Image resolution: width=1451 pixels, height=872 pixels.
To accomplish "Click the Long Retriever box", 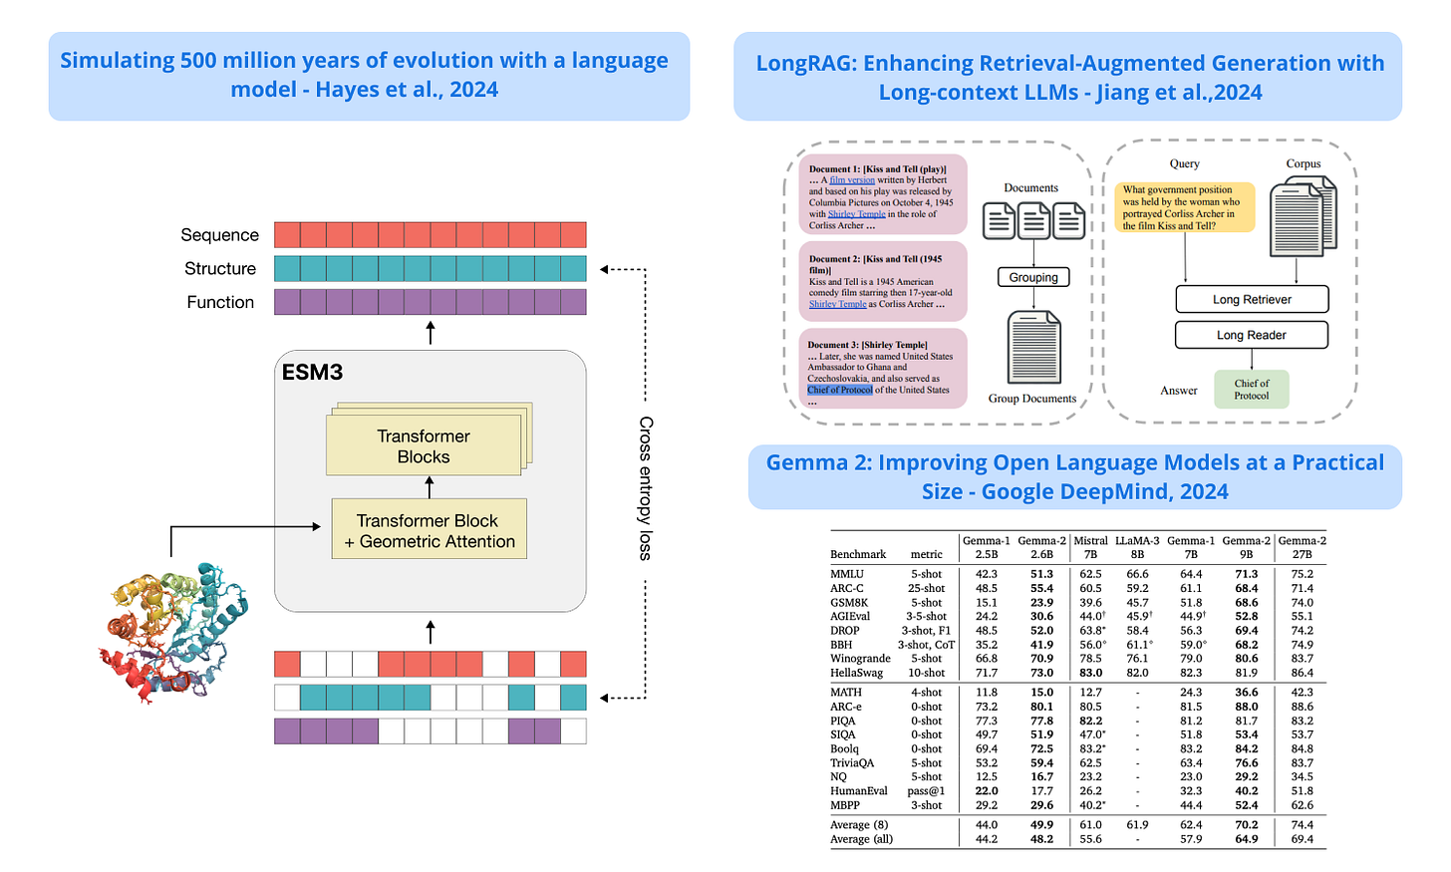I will click(x=1252, y=299).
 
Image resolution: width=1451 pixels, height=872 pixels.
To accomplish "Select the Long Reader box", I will click(x=1251, y=335).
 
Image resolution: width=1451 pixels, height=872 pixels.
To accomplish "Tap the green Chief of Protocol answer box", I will click(x=1252, y=389).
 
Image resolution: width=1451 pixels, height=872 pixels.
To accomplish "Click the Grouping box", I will click(x=1033, y=277).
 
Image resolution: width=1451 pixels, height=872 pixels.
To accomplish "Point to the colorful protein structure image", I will click(x=171, y=632).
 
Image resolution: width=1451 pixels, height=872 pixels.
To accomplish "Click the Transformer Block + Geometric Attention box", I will click(x=430, y=531).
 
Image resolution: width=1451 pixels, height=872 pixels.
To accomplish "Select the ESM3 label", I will click(x=312, y=373).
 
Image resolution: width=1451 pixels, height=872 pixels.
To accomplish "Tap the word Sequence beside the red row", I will click(x=219, y=235).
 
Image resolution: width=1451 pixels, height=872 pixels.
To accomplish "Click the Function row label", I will click(x=220, y=302).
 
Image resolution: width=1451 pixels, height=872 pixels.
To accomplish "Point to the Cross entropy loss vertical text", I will click(x=646, y=488).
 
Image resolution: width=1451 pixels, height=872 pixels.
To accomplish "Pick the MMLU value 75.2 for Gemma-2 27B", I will click(x=1302, y=574).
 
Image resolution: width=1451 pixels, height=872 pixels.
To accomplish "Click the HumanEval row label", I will click(x=858, y=791).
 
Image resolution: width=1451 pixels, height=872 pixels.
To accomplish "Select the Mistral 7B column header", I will click(x=1090, y=547).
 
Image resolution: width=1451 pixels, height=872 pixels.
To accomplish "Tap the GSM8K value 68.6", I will click(x=1246, y=602).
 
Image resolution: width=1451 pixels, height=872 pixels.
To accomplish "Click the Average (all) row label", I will click(x=861, y=839).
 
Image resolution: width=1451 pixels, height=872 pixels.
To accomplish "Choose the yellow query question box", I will click(x=1184, y=207).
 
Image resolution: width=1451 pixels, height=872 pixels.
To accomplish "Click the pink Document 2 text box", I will click(x=882, y=282).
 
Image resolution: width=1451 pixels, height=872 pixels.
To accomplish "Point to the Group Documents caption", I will click(x=1031, y=399).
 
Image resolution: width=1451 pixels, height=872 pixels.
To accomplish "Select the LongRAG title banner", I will click(x=1069, y=77).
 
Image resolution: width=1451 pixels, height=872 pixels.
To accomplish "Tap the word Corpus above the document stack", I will click(x=1303, y=163).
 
